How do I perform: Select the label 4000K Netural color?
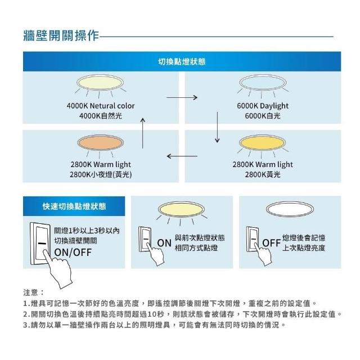coord(101,106)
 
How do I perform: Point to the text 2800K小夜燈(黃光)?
coord(101,174)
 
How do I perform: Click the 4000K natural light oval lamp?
coord(101,84)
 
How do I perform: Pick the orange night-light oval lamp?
coord(101,143)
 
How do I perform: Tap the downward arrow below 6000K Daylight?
coord(217,128)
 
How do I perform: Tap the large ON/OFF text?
coord(73,251)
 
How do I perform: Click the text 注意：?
coord(34,293)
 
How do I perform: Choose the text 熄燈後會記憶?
coord(303,238)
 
